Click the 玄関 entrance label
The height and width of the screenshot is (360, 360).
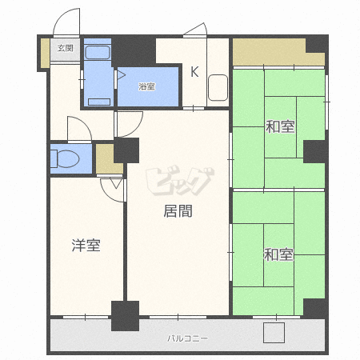[66, 48]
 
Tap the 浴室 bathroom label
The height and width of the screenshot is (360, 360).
[146, 86]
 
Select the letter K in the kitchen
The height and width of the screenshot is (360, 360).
[194, 71]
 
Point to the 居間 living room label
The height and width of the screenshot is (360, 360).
[178, 211]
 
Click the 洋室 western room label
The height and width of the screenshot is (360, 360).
[86, 246]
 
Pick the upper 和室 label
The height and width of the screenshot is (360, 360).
[280, 126]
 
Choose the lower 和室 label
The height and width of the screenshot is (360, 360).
[278, 254]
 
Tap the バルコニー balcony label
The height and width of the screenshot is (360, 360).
[187, 338]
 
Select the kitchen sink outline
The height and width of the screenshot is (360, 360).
[218, 88]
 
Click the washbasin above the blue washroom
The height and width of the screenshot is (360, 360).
[98, 53]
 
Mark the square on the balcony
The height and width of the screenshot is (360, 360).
[274, 333]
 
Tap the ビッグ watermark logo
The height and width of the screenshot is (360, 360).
[180, 182]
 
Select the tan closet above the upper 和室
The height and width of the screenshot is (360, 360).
[278, 52]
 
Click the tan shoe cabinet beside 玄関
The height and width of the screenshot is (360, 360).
[45, 53]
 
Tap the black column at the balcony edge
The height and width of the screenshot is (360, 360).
[125, 316]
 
